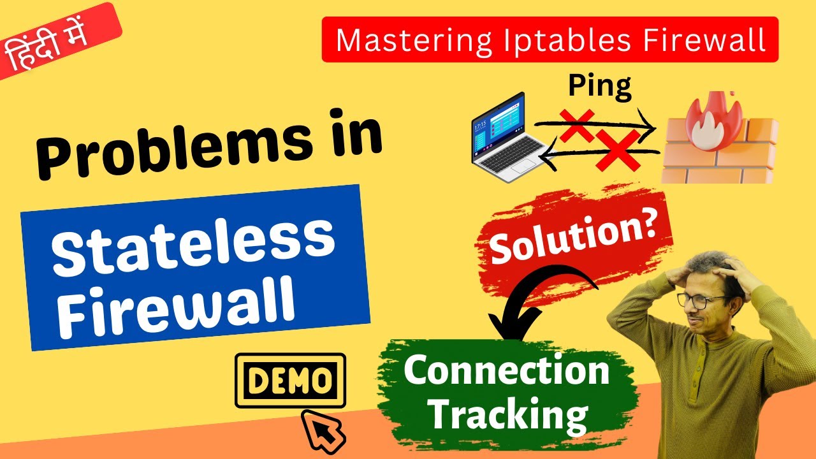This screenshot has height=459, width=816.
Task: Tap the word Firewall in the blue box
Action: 181,305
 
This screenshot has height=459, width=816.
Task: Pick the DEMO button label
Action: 290,381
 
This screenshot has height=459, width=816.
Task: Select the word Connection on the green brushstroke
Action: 507,371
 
